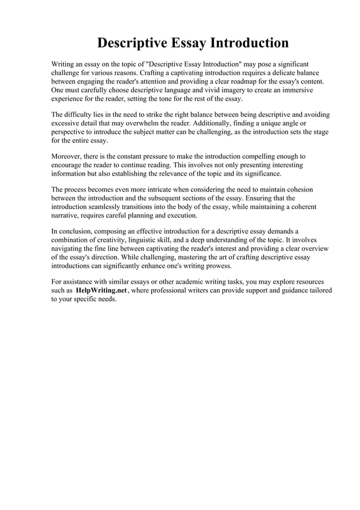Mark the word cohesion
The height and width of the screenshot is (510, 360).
coord(297,190)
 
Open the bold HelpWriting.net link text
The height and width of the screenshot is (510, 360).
coord(101,290)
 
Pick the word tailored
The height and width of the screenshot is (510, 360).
coord(317,290)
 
